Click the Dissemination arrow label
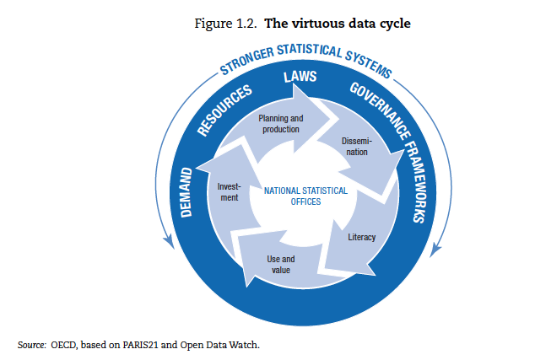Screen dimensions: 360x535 pos(355,146)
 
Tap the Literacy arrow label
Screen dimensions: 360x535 pos(362,237)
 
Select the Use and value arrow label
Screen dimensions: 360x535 pos(279,264)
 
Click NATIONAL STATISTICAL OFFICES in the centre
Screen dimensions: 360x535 pos(305,196)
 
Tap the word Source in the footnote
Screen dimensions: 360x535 pos(30,345)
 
